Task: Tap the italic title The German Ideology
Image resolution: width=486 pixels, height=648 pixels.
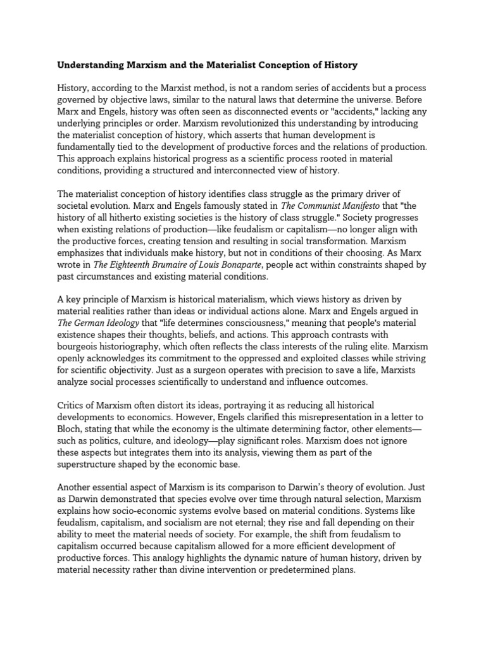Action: pos(97,323)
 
